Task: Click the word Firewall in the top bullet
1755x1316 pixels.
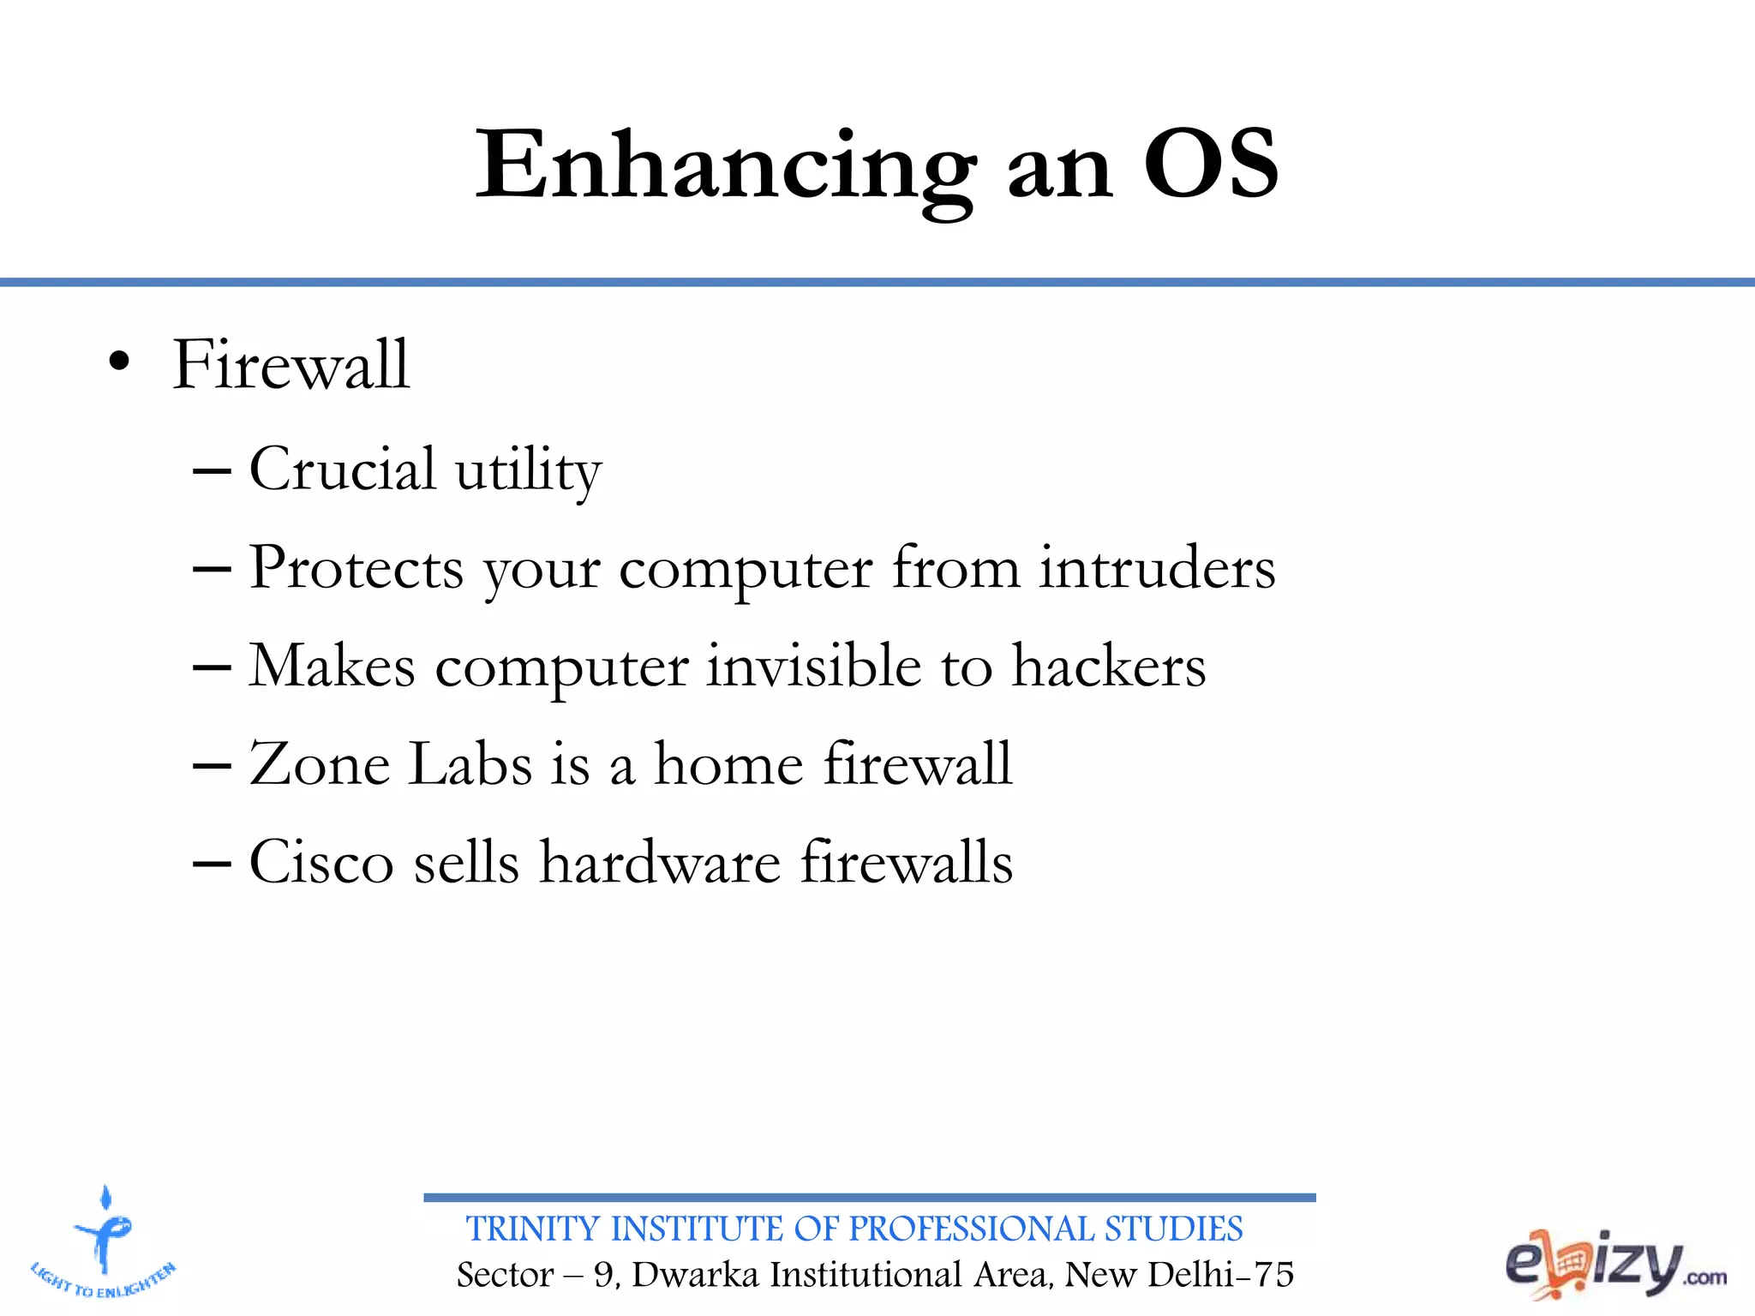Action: (291, 365)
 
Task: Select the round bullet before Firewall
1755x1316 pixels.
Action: (119, 363)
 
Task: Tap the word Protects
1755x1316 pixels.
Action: (356, 568)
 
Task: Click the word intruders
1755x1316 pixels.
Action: (1157, 568)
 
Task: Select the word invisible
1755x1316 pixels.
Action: (813, 666)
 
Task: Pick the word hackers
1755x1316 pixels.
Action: (1109, 666)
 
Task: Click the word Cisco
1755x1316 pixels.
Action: (320, 862)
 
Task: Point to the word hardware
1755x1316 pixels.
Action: (660, 862)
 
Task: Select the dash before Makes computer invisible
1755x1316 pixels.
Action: (212, 667)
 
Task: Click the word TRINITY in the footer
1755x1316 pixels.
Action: (532, 1229)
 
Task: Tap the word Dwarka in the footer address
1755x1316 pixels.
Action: (695, 1275)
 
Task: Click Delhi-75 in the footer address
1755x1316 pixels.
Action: (1220, 1275)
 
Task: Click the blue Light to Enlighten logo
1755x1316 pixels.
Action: (103, 1243)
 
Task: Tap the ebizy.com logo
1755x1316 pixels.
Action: (1614, 1265)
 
